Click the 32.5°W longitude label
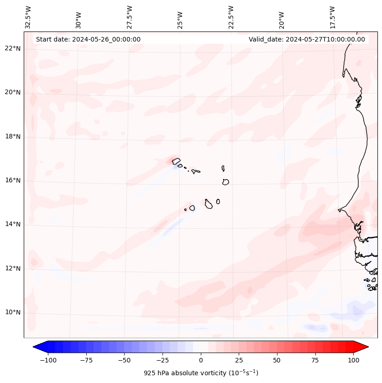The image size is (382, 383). [x=28, y=17]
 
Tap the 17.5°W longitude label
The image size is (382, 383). [x=332, y=17]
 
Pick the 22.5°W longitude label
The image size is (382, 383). [x=231, y=17]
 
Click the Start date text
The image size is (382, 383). [x=88, y=39]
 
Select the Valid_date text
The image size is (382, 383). [x=307, y=39]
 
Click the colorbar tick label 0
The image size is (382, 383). [x=201, y=360]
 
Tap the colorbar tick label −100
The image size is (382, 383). [x=48, y=360]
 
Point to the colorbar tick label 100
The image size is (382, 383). [x=353, y=360]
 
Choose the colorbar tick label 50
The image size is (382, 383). [x=277, y=360]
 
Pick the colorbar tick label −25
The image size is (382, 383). [x=162, y=360]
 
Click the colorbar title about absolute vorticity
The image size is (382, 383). [x=201, y=373]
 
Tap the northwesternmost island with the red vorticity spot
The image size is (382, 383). [x=176, y=161]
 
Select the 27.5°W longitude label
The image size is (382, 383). [x=130, y=17]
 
